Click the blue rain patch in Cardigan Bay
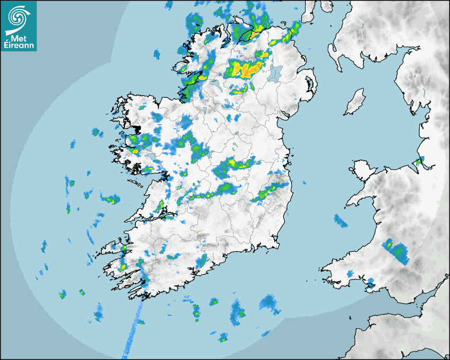[x=340, y=221]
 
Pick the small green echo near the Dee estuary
[x=419, y=161]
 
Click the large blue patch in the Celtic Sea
[x=270, y=303]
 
